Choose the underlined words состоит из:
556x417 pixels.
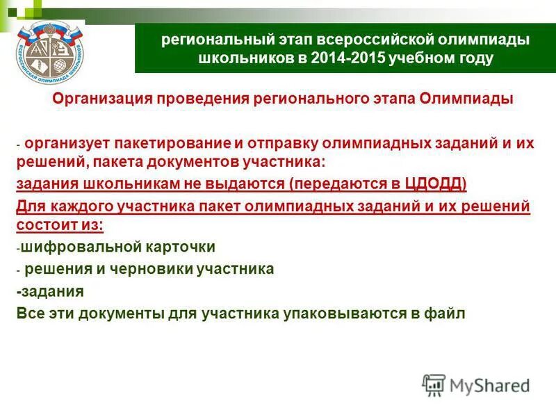[x=60, y=225]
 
